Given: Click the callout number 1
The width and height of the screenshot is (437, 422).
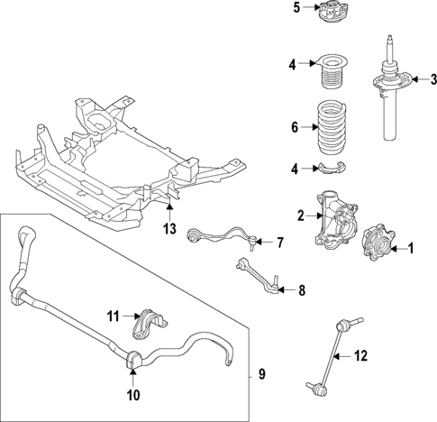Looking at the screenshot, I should tap(412, 247).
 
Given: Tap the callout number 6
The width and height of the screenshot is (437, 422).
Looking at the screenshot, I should tap(294, 128).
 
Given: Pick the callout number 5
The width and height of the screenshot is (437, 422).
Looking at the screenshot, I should tap(296, 10).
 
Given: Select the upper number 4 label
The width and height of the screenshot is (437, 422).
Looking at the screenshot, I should tap(294, 64).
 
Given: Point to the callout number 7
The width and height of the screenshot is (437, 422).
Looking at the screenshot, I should tap(279, 243).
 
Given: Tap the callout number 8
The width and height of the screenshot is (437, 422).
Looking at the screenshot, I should tap(302, 290).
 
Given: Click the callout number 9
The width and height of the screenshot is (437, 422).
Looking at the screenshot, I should tap(262, 373).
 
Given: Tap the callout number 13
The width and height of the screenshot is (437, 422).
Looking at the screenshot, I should tap(169, 230).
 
